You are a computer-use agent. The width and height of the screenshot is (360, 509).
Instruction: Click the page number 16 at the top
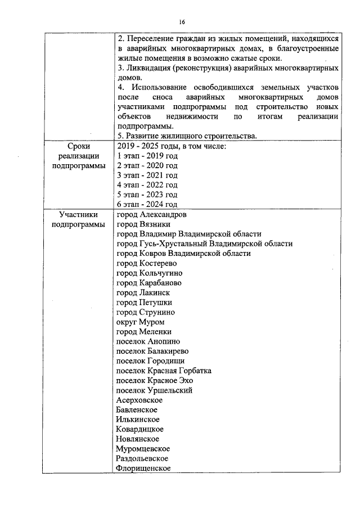pyautogui.click(x=182, y=22)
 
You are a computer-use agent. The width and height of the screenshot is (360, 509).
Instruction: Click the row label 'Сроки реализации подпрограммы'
pyautogui.click(x=78, y=156)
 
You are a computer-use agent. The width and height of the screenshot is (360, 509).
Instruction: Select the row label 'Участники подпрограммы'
pyautogui.click(x=78, y=219)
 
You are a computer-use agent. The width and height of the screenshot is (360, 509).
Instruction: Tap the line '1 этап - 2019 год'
pyautogui.click(x=147, y=156)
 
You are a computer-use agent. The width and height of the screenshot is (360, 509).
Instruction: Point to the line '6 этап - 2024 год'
pyautogui.click(x=147, y=204)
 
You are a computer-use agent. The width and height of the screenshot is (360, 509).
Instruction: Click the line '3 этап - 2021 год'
pyautogui.click(x=147, y=175)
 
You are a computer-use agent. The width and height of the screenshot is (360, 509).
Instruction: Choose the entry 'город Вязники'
pyautogui.click(x=143, y=224)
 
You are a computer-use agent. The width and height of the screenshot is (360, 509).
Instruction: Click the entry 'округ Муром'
pyautogui.click(x=140, y=322)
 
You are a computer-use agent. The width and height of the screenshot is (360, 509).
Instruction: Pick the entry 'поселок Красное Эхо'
pyautogui.click(x=154, y=380)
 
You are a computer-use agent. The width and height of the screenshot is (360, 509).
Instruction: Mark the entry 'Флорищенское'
pyautogui.click(x=143, y=468)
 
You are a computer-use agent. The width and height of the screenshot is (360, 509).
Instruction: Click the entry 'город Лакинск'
pyautogui.click(x=143, y=292)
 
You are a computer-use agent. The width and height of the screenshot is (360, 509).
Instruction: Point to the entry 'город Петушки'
pyautogui.click(x=144, y=302)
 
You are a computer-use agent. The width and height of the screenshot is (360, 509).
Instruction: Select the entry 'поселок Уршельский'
pyautogui.click(x=154, y=390)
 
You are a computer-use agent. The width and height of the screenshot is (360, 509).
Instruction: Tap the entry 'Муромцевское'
pyautogui.click(x=143, y=448)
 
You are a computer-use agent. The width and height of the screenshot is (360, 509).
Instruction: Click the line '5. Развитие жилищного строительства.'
pyautogui.click(x=187, y=136)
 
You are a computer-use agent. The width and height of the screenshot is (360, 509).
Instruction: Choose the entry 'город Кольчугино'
pyautogui.click(x=148, y=273)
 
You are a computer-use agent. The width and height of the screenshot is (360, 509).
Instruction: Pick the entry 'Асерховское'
pyautogui.click(x=139, y=400)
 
